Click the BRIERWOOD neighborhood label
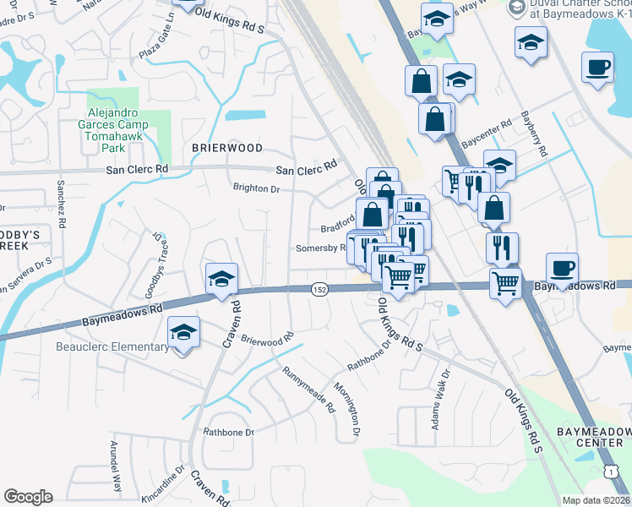227,147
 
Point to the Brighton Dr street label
256,189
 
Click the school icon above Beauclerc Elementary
183,333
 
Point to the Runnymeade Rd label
308,389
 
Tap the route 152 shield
319,289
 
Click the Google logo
28,496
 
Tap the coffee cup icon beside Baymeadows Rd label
562,269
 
